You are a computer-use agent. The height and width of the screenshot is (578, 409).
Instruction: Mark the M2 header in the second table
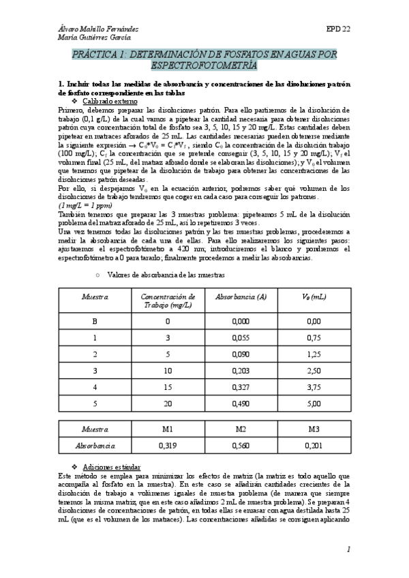[241, 429]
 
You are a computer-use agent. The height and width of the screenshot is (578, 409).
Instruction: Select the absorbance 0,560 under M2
[241, 446]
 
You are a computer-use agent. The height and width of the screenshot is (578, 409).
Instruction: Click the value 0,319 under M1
[168, 446]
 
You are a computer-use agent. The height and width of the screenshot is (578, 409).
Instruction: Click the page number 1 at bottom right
[348, 549]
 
